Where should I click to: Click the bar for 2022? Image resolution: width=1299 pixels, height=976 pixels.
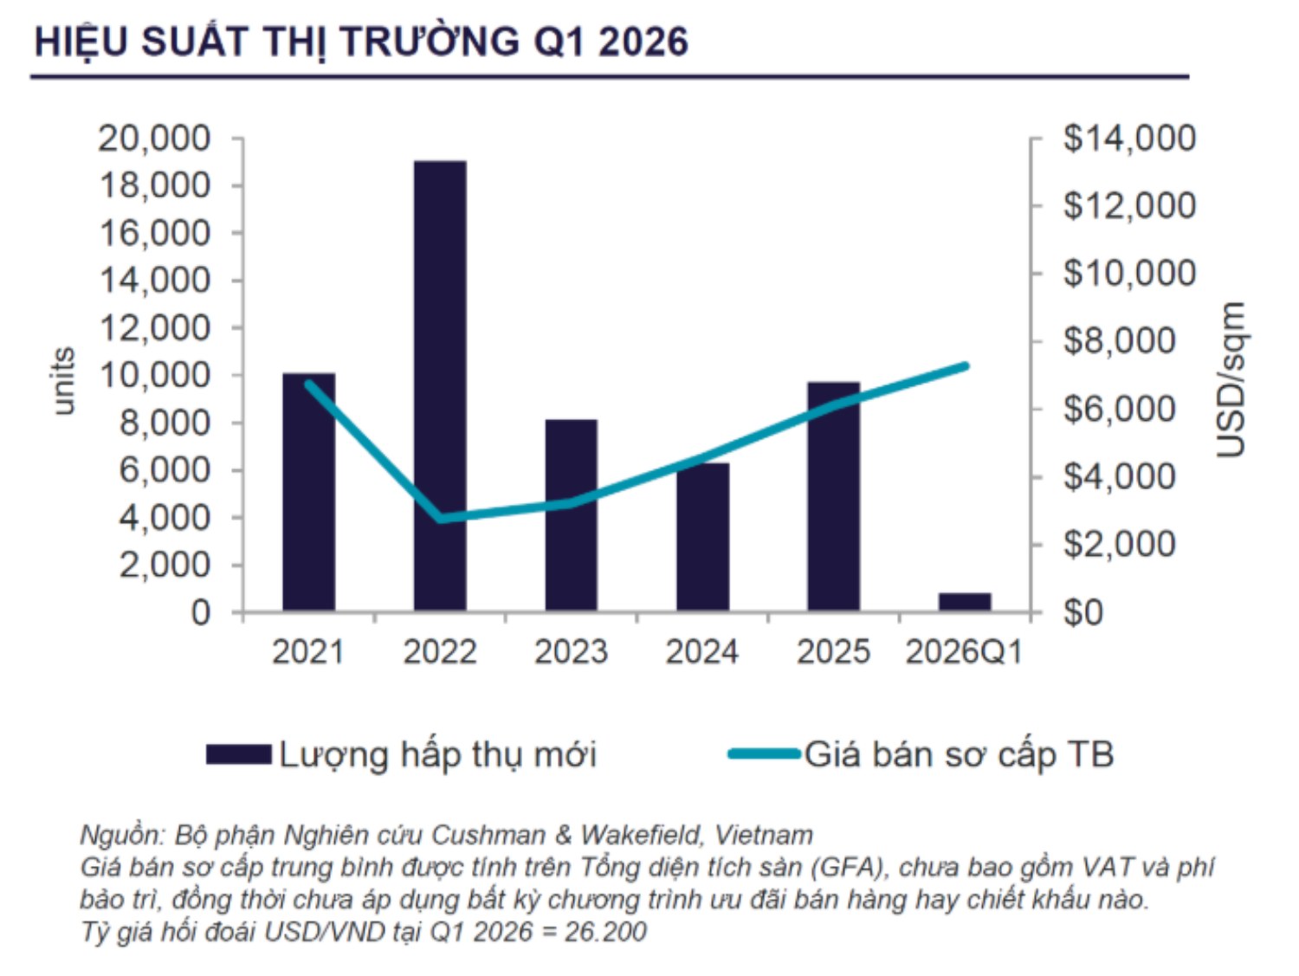[440, 385]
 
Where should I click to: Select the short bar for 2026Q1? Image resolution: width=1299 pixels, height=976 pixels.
[964, 601]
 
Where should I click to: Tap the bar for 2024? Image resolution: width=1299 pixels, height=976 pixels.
[702, 537]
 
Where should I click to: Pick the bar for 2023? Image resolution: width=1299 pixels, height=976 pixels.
[571, 515]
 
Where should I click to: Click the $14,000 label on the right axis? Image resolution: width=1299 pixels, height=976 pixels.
[1129, 138]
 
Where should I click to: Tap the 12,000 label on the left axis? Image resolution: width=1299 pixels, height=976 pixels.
[155, 328]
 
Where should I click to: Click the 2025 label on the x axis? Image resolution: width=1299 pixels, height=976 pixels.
[833, 651]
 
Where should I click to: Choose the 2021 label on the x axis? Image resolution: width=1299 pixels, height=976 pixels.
[307, 651]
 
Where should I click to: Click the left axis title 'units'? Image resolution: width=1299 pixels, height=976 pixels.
[64, 381]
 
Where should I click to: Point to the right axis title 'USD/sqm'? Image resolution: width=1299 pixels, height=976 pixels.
[1231, 379]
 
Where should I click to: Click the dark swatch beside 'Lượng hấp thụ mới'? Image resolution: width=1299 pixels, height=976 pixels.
[238, 754]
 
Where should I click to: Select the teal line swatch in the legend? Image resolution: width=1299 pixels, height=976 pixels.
[764, 754]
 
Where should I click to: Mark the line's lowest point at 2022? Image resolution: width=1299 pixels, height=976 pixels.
[441, 519]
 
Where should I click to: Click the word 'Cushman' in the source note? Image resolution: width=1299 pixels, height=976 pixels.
[488, 835]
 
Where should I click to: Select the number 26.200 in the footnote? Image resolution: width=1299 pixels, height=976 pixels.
[605, 932]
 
